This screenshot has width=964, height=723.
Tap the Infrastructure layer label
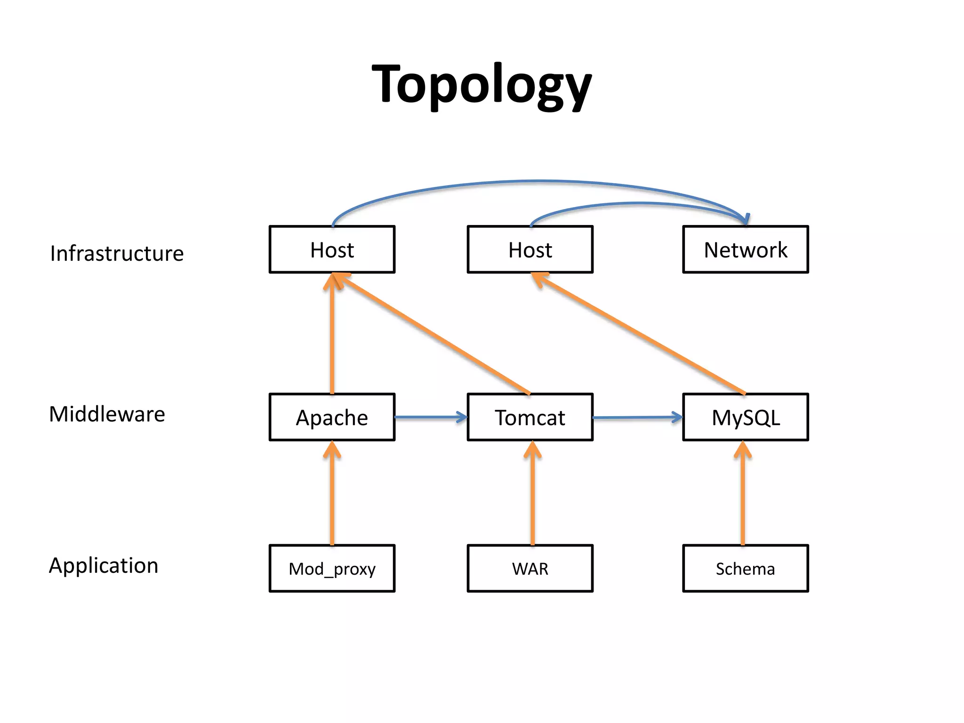[117, 254]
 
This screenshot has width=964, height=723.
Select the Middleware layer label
[107, 415]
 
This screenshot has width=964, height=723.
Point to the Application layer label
[104, 565]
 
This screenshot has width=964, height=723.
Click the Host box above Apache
[332, 249]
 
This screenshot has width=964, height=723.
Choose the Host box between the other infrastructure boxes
[530, 249]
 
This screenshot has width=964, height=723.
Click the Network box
[745, 249]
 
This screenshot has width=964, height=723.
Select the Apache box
[332, 418]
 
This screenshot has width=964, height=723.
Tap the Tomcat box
[530, 418]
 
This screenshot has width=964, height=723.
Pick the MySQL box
[745, 418]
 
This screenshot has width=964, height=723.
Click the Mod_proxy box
[332, 569]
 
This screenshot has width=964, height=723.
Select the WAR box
[530, 569]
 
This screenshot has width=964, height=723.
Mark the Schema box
[745, 569]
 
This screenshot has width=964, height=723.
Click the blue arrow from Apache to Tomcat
[430, 417]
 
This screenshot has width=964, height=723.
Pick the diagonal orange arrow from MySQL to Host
[640, 334]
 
